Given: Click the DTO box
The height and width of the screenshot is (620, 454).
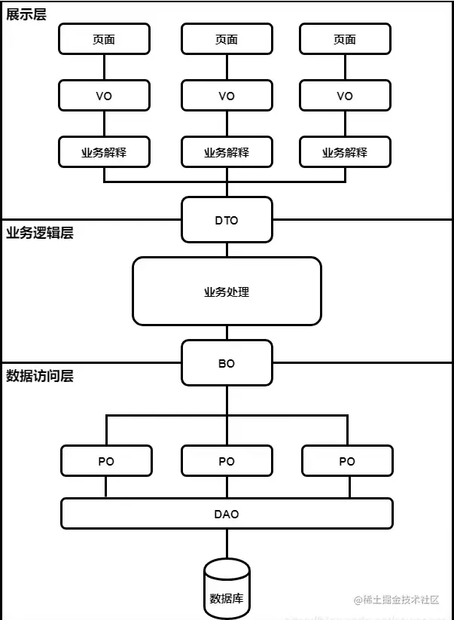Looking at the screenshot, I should [x=227, y=220].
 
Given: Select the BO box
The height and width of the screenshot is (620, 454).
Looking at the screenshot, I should [x=227, y=363].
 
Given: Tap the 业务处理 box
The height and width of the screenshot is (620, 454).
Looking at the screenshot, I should [x=227, y=292].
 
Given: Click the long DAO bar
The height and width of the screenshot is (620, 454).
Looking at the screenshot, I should [x=227, y=514].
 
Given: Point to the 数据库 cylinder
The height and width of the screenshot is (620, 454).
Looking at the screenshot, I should [x=227, y=591].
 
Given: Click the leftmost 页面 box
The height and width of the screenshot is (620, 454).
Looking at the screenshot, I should [x=104, y=39].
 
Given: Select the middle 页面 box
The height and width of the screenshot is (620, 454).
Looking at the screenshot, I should [x=227, y=39].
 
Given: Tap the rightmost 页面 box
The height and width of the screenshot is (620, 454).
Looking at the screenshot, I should [x=345, y=39].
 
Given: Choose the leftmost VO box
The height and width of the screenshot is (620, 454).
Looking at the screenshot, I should [x=104, y=96].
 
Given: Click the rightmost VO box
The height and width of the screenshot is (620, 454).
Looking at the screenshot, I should [x=345, y=96].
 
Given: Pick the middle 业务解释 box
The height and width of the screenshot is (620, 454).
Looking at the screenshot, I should [x=227, y=152].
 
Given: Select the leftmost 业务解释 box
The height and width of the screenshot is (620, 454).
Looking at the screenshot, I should [x=104, y=152].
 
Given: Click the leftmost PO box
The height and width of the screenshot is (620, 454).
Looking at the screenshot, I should [x=106, y=461].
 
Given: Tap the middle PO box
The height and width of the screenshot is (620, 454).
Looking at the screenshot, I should [x=227, y=461].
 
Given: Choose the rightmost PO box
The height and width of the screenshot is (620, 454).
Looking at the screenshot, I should [x=347, y=461].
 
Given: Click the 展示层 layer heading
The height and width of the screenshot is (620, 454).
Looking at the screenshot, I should [x=26, y=14].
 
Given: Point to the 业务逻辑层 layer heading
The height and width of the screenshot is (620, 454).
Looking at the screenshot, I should [x=40, y=233].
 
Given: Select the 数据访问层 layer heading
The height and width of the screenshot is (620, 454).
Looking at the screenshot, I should [x=40, y=376].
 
